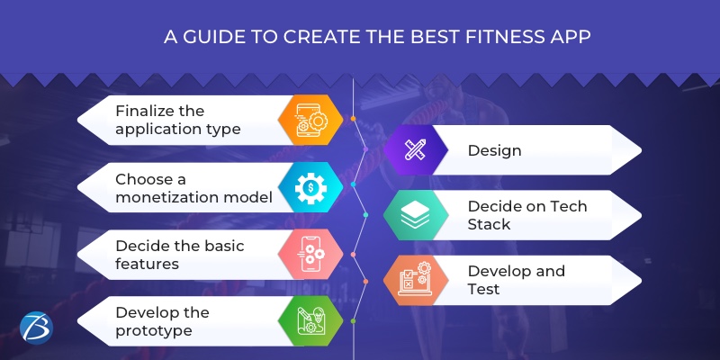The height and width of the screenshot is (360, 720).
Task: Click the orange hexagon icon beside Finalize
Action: pyautogui.click(x=309, y=121)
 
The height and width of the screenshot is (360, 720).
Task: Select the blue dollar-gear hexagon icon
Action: pyautogui.click(x=309, y=187)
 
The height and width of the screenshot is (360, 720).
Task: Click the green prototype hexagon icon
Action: pyautogui.click(x=309, y=321)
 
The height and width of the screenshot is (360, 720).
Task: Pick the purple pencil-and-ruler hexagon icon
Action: pyautogui.click(x=415, y=150)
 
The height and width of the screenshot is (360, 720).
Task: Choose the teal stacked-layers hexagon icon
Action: pyautogui.click(x=415, y=215)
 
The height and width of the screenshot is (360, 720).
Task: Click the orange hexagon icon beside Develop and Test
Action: pyautogui.click(x=415, y=280)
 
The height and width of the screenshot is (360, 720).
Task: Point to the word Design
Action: pyautogui.click(x=494, y=150)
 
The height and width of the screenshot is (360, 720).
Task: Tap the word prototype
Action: pyautogui.click(x=153, y=330)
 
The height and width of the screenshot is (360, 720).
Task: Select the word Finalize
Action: pyautogui.click(x=147, y=111)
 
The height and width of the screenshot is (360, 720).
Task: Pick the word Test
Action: pyautogui.click(x=484, y=289)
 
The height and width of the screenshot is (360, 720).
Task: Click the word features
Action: pyautogui.click(x=147, y=264)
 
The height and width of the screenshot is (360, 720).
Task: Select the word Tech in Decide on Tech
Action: pyautogui.click(x=569, y=206)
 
